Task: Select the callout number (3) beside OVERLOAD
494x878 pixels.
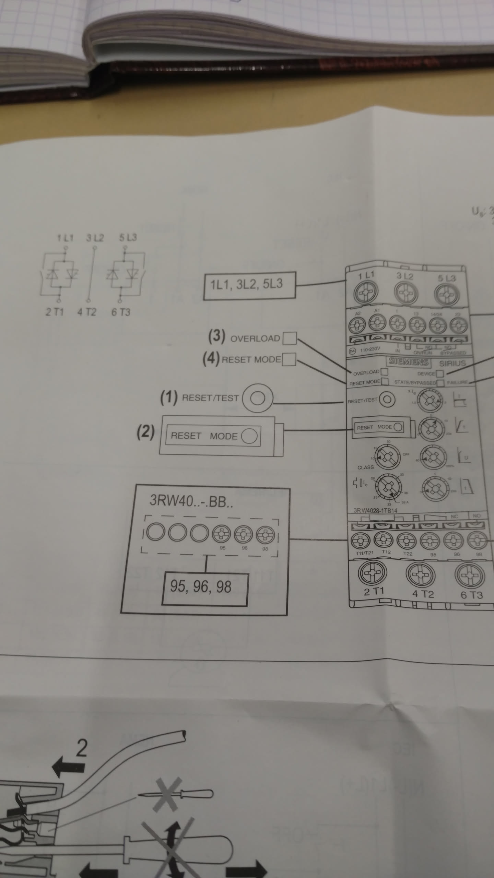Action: coord(217,336)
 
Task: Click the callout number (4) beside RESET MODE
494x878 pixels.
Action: coord(211,358)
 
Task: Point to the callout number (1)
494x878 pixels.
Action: coord(169,398)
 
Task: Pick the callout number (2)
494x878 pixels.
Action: coord(145,432)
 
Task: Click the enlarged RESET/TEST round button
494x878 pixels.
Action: coord(258,398)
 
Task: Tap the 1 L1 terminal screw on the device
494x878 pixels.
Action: coord(366,292)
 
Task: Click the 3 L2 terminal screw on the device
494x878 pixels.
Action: coord(406,294)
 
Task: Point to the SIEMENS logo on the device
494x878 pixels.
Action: coord(409,361)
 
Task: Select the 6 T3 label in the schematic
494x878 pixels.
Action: coord(121,312)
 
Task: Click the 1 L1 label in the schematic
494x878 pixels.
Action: coord(65,237)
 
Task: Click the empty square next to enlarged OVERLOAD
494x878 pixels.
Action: coord(289,339)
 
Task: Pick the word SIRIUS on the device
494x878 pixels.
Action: coord(452,363)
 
